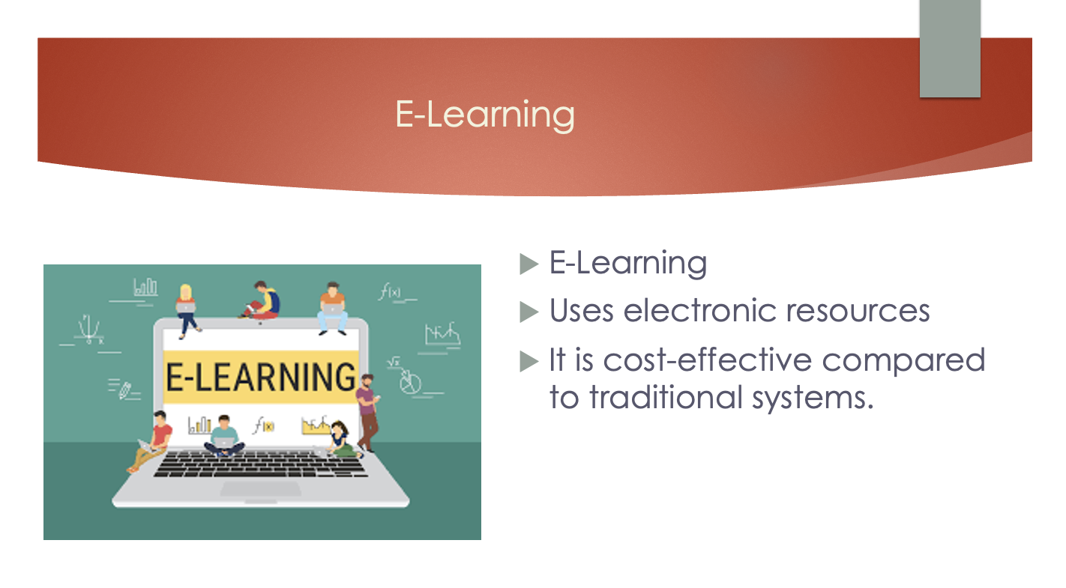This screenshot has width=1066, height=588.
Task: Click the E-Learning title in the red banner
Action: click(485, 115)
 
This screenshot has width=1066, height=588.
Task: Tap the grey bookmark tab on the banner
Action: click(950, 49)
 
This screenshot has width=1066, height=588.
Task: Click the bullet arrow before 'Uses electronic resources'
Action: click(529, 312)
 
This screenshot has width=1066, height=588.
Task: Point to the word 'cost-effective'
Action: click(708, 360)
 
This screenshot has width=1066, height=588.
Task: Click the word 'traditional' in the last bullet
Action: click(666, 398)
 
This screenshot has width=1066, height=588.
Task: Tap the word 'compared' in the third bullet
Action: click(903, 361)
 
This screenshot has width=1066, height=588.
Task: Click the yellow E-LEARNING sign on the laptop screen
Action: click(261, 377)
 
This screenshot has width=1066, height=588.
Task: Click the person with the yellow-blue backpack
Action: click(262, 300)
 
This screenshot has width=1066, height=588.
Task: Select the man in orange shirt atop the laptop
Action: click(333, 308)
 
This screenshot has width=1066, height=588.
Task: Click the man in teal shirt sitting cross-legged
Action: click(224, 436)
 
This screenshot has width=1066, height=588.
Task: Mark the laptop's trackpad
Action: click(260, 488)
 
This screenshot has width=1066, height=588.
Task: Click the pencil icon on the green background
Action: click(125, 390)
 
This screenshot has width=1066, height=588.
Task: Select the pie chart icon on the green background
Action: click(410, 382)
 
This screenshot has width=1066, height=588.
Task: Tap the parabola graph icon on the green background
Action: click(89, 329)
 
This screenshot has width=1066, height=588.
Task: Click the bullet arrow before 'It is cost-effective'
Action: click(529, 361)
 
